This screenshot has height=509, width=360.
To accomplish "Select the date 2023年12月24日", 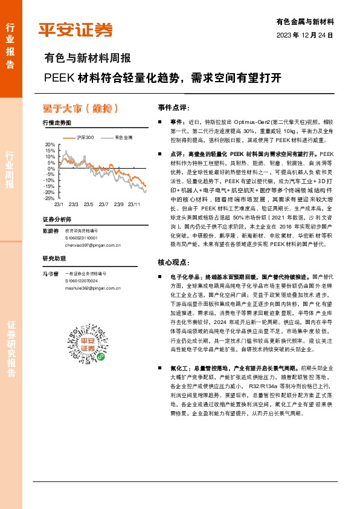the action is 304,35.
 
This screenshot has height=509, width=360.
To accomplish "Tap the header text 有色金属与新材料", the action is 304,21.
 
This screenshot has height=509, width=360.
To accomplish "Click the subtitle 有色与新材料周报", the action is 88,59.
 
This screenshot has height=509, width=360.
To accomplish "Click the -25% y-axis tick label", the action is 49,198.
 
